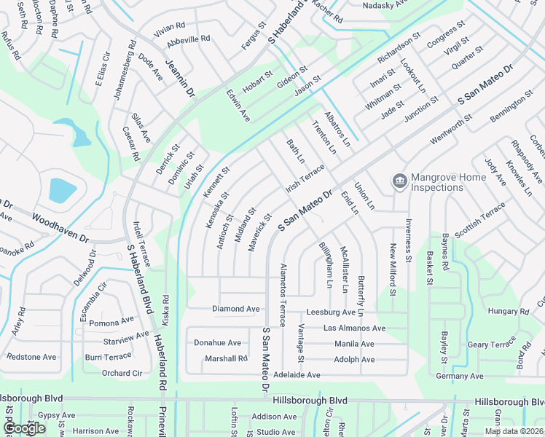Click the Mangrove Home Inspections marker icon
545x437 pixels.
pos(399,180)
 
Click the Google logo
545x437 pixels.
pos(23,428)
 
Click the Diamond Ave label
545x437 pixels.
pos(235,309)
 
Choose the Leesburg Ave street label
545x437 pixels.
pos(331,312)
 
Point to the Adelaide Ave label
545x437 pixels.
pos(297,375)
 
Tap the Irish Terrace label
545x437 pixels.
pos(305,178)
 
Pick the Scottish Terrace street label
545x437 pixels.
pos(479,219)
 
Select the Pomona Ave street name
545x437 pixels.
pos(111,321)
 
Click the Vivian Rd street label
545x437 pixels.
pos(170,30)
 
